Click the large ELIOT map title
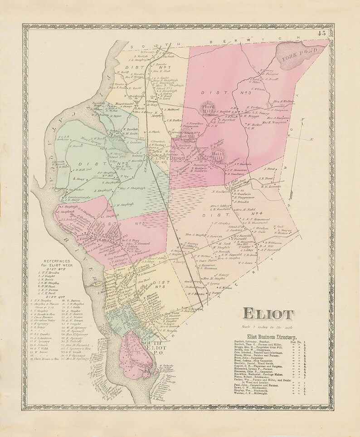tap(269, 314)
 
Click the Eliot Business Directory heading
tap(271, 337)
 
